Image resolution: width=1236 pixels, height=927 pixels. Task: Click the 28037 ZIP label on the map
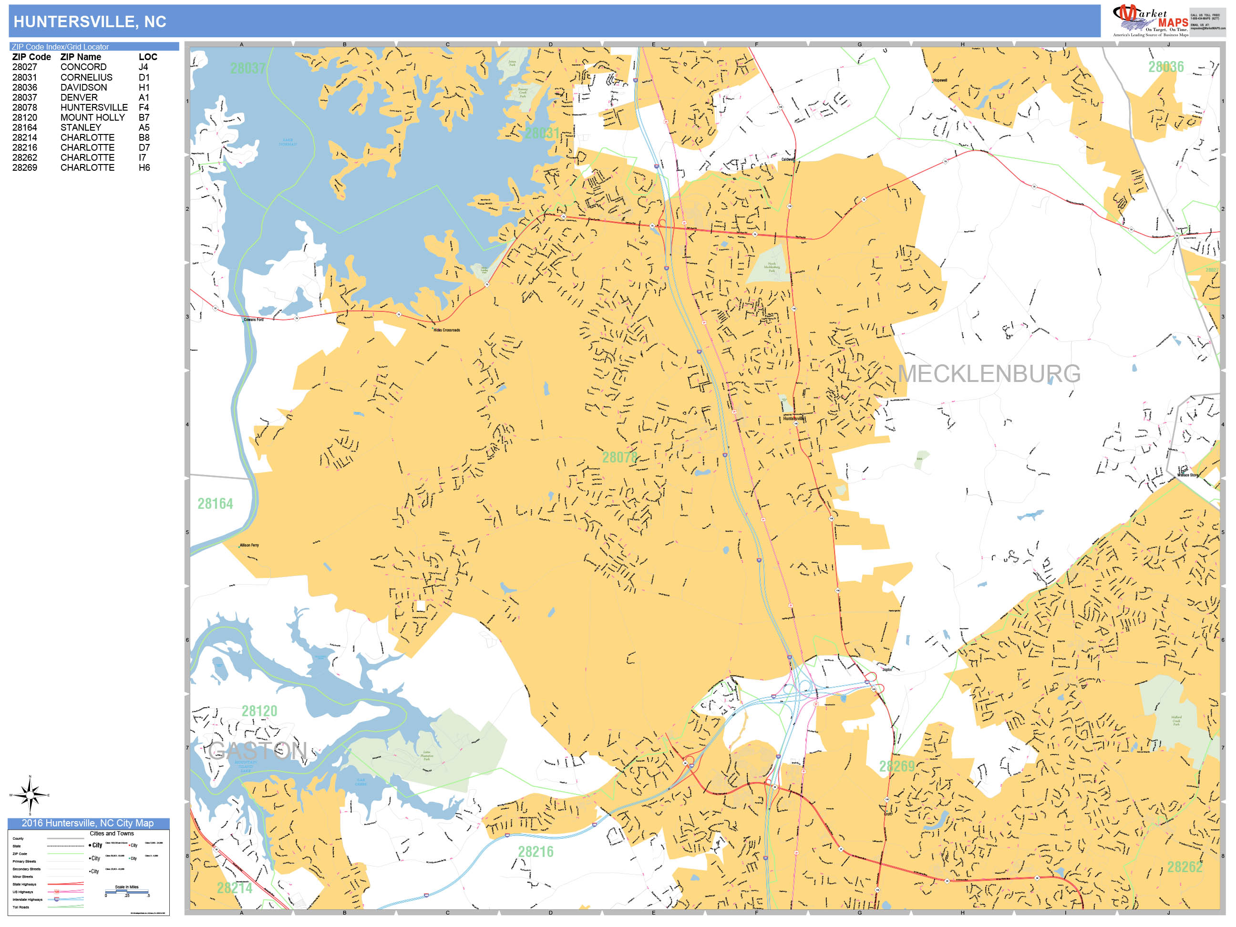tap(247, 68)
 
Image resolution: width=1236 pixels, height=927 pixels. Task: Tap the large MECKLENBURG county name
tap(989, 374)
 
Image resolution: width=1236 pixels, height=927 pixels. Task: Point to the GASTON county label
tap(257, 751)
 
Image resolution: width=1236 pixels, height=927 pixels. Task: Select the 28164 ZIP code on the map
tap(215, 504)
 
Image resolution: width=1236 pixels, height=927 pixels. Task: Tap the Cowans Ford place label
tap(253, 319)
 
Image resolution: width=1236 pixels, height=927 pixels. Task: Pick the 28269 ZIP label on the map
tap(896, 766)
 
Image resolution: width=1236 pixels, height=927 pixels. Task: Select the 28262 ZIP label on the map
tap(1184, 866)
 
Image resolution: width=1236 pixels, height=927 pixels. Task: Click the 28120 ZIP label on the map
tap(259, 711)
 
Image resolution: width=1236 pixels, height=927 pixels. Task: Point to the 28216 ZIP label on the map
tap(536, 852)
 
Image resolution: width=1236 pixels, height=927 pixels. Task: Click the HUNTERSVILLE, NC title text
tap(89, 22)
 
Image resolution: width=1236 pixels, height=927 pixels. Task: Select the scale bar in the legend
tap(127, 892)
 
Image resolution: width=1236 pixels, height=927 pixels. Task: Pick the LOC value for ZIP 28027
tap(143, 67)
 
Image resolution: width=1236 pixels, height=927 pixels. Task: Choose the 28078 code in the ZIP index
tap(25, 107)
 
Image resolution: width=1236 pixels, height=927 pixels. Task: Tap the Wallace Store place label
tap(1187, 475)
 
